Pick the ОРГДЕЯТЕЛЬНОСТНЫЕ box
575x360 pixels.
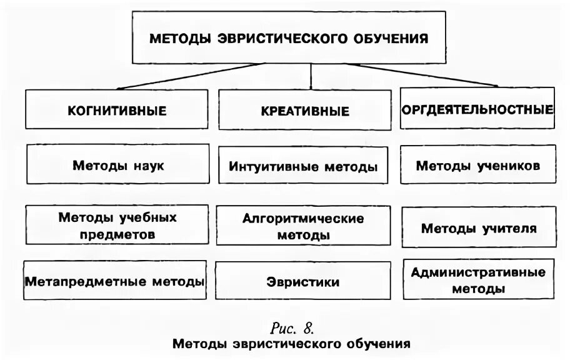coord(477,110)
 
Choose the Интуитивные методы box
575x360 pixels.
coord(303,167)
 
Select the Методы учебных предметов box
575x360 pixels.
coord(117,226)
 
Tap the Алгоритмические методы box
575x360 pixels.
coord(303,227)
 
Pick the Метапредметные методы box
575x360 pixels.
coord(115,281)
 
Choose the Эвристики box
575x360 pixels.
coord(303,282)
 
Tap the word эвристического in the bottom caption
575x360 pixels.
coord(289,343)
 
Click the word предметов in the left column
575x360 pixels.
coord(117,234)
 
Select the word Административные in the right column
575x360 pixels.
coord(479,272)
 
